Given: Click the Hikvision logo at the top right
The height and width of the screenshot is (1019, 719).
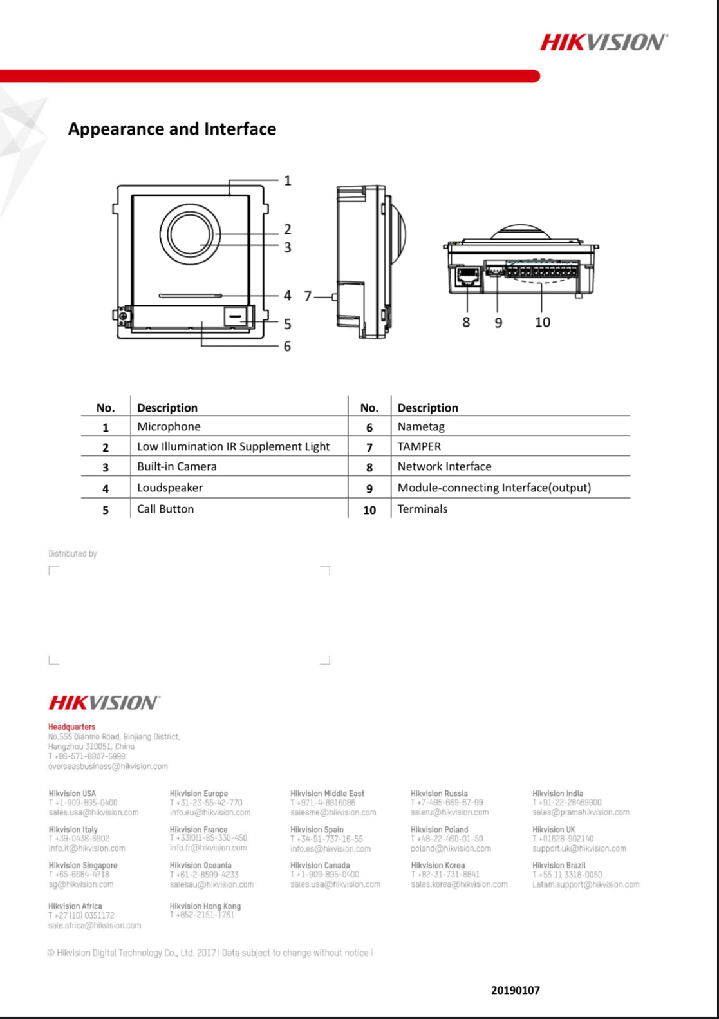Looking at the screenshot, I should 604,43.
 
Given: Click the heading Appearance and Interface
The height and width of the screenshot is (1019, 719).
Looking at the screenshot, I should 172,129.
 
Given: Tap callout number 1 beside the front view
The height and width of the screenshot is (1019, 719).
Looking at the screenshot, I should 288,181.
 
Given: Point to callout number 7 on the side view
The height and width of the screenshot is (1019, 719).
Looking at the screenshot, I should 308,296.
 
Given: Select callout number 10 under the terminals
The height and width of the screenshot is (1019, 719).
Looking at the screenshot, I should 542,322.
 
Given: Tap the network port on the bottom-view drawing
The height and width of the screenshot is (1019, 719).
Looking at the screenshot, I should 467,277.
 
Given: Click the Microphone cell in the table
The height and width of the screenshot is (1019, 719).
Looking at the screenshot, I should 169,426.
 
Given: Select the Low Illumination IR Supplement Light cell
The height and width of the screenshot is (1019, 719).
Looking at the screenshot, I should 233,446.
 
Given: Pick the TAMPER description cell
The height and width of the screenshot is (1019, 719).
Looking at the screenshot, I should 419,446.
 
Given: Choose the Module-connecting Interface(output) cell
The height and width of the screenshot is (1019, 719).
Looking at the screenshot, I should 494,488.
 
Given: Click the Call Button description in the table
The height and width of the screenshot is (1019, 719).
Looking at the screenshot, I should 165,509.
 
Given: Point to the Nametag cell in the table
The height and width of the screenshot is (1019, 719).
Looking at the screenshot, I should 421,426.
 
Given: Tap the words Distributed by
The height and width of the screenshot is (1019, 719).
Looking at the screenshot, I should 73,553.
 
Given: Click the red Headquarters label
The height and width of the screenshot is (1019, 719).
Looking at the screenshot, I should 71,727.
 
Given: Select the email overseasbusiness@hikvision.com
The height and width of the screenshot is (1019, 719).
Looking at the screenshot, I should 108,767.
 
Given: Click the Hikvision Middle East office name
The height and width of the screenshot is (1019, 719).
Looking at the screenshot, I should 327,794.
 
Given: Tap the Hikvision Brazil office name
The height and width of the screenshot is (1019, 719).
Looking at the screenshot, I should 559,865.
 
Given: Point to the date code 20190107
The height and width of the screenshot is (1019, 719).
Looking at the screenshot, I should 515,990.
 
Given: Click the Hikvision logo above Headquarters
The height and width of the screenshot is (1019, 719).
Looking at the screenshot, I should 104,702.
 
